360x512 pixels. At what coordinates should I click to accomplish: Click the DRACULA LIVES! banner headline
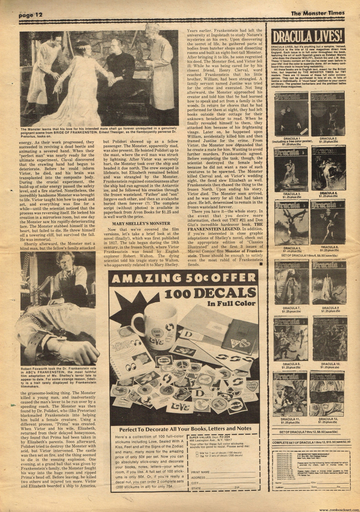pos(308,36)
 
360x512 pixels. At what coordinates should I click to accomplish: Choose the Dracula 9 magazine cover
pos(291,338)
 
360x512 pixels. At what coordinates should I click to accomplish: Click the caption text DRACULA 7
pos(291,307)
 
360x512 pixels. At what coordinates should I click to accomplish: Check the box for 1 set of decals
pos(191,453)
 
